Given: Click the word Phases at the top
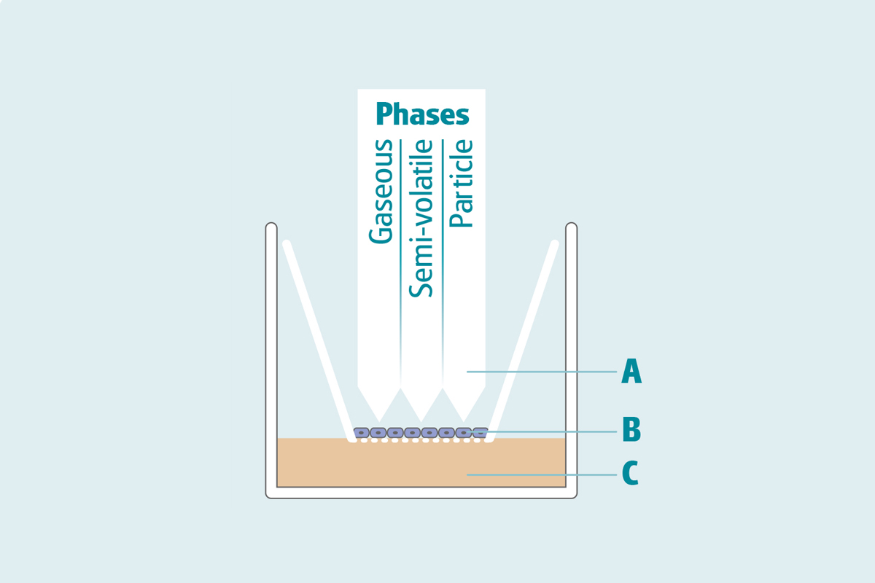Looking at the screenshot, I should [x=422, y=114].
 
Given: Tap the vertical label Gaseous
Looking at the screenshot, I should [x=381, y=192].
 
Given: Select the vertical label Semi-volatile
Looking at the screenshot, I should [x=421, y=219].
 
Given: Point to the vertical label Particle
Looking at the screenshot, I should [x=462, y=184].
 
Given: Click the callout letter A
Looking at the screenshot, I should [x=631, y=372].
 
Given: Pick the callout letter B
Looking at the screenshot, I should [x=631, y=430].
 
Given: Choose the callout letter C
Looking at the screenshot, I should [x=631, y=474].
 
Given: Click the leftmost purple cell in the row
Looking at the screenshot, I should [x=361, y=433].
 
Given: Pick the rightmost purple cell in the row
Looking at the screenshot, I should [x=481, y=433].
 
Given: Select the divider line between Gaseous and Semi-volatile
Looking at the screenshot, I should [x=400, y=240].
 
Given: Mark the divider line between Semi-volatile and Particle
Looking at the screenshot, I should [x=443, y=240].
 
